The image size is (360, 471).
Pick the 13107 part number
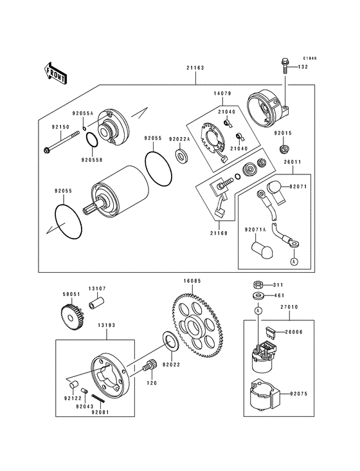click(97, 288)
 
